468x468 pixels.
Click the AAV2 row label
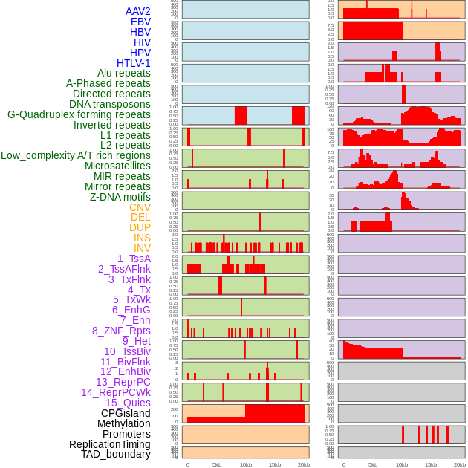[137, 11]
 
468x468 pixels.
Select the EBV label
[140, 22]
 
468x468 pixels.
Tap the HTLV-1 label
[133, 63]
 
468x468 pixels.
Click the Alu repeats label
[123, 74]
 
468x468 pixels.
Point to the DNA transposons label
[110, 105]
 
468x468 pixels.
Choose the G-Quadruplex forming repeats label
[79, 115]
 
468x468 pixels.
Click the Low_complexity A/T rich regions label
[76, 155]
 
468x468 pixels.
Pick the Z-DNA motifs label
[120, 197]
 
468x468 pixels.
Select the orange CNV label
[140, 207]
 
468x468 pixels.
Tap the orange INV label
[142, 248]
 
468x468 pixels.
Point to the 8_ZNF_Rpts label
[121, 331]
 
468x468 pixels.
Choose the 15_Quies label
[127, 403]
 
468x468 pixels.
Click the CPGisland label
[126, 413]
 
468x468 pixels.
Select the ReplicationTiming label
[109, 444]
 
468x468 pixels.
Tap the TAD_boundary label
[116, 454]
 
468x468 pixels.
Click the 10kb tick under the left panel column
[246, 464]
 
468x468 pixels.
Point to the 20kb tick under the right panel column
[460, 464]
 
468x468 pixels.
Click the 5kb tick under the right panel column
[372, 464]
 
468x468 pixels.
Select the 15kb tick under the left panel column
[275, 464]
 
